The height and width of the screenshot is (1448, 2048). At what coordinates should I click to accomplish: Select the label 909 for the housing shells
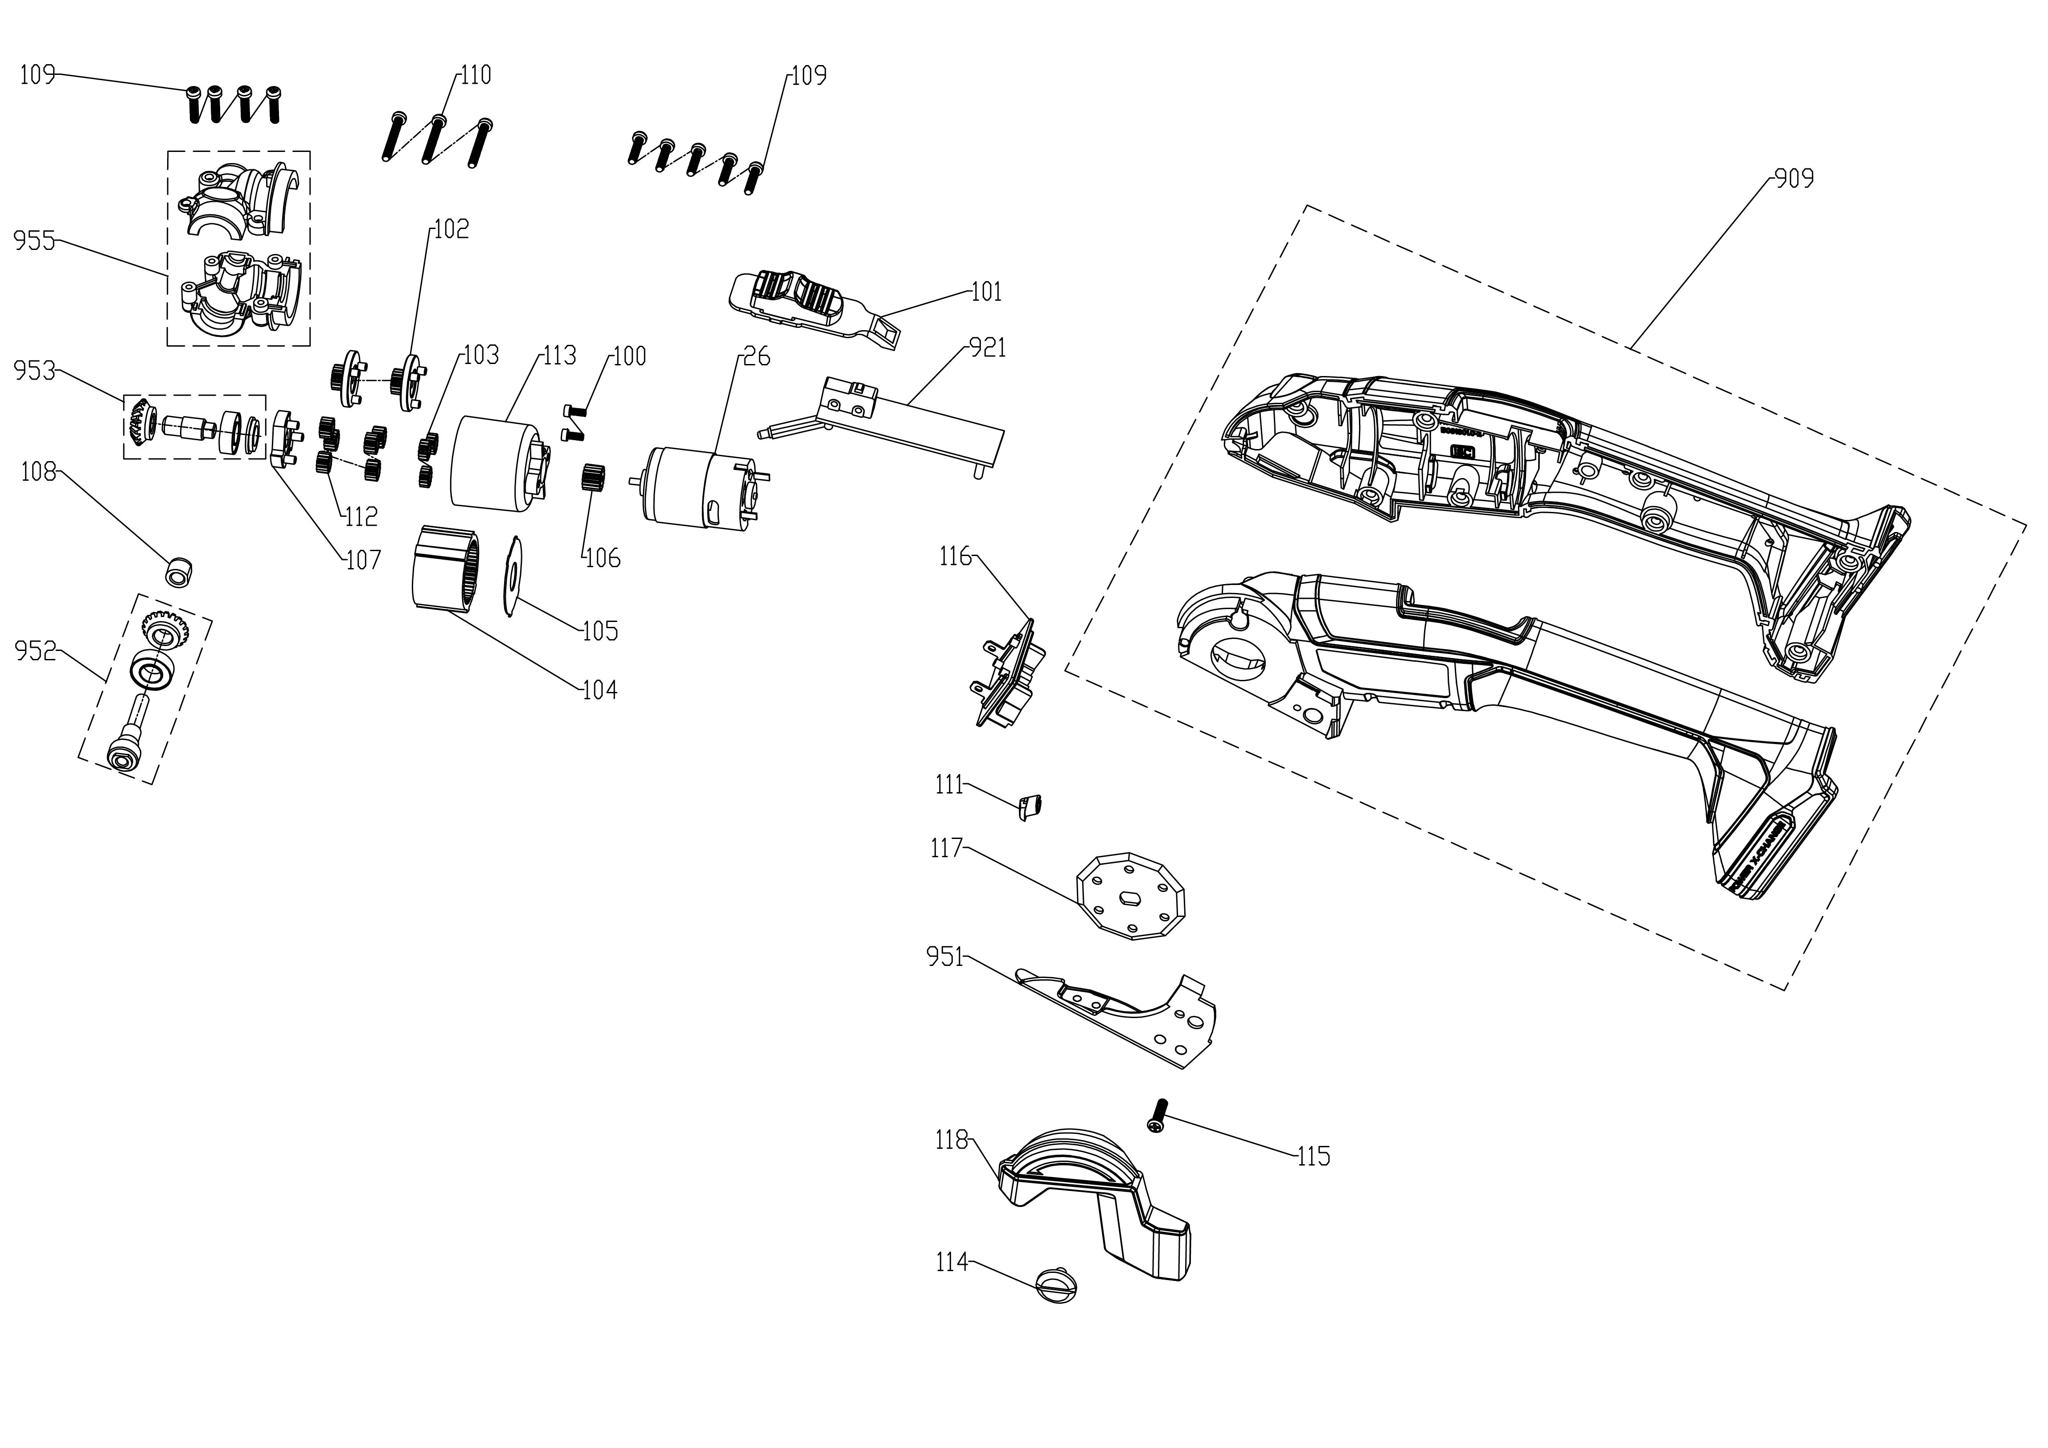click(x=1794, y=179)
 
